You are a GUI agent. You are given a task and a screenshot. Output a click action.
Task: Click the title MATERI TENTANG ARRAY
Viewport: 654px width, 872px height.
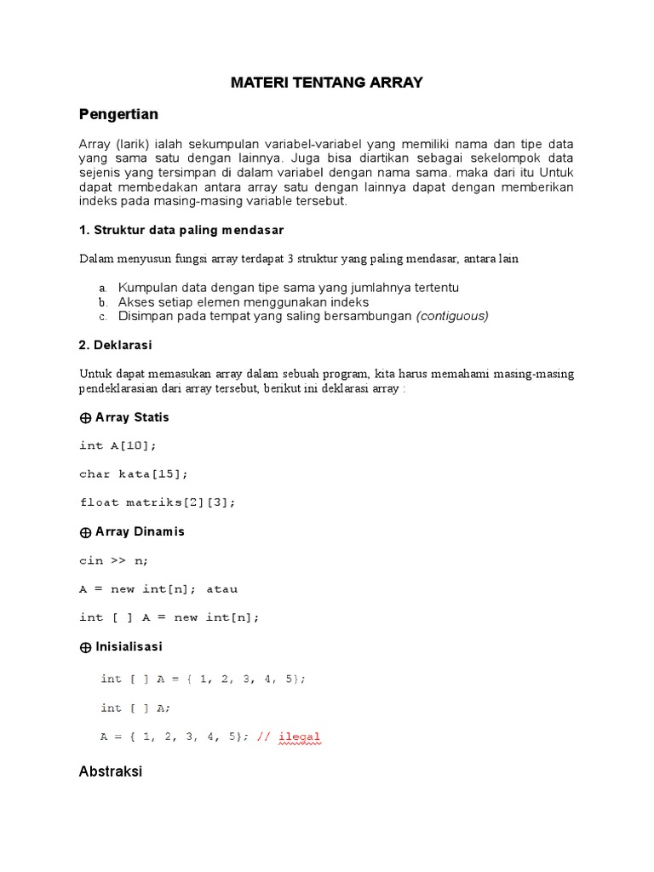click(x=327, y=83)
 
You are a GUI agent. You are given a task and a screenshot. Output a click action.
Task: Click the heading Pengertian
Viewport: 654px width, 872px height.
click(x=118, y=113)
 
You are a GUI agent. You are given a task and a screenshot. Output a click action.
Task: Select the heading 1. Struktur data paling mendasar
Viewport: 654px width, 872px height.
click(x=181, y=231)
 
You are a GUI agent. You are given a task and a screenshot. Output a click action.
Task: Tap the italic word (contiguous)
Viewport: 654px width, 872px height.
click(x=451, y=316)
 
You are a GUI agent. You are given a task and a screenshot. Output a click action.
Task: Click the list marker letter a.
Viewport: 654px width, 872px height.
click(x=102, y=288)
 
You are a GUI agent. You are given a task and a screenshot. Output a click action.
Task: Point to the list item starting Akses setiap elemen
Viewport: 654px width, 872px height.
click(x=243, y=301)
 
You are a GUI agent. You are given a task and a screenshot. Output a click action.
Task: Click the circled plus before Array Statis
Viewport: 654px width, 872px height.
click(x=85, y=418)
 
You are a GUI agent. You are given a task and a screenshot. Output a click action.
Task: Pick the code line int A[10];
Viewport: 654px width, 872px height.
click(x=118, y=445)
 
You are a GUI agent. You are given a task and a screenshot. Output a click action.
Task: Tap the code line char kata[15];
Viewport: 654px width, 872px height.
click(x=134, y=473)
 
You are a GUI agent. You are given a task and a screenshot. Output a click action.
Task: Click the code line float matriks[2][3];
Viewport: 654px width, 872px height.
click(x=158, y=502)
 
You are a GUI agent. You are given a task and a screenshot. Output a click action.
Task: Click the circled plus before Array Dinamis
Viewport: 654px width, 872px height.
click(x=85, y=532)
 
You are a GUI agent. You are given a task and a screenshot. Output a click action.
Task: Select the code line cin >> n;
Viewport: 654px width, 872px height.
click(x=114, y=560)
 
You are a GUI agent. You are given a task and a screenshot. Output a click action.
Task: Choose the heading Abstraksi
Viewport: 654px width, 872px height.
click(x=111, y=772)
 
